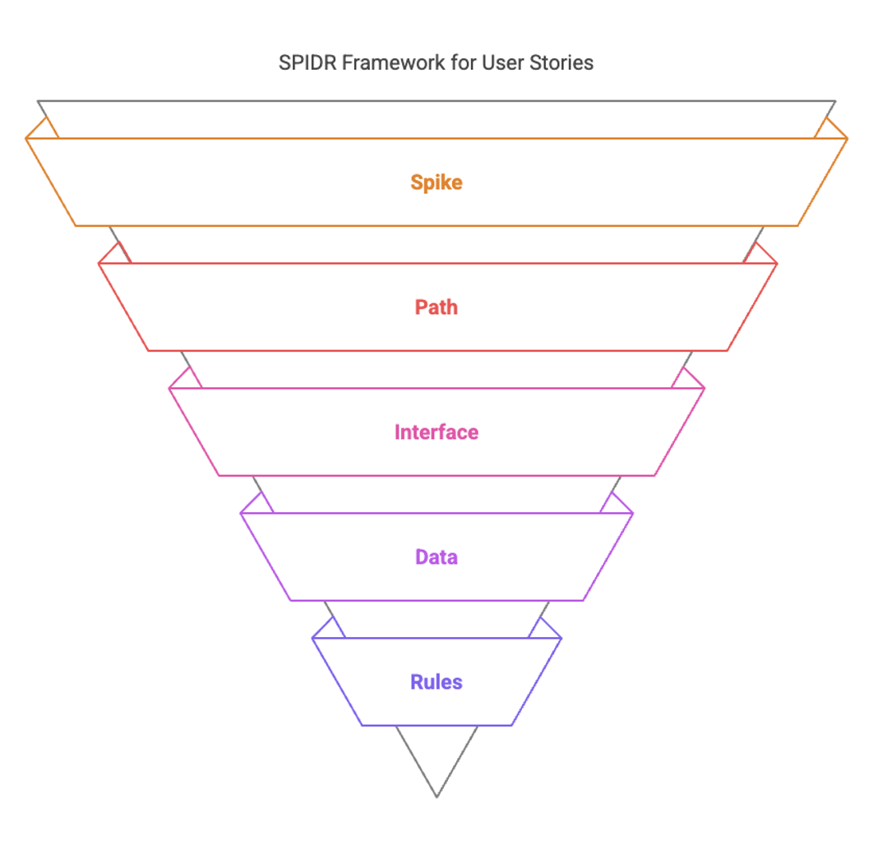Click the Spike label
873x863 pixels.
pos(436,182)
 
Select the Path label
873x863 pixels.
pos(436,307)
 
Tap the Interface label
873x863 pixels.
pos(436,432)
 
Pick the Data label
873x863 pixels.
pos(436,557)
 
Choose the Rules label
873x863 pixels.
pos(436,682)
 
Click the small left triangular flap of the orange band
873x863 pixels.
pos(42,131)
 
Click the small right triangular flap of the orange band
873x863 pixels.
pos(830,131)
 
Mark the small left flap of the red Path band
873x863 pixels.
pos(115,256)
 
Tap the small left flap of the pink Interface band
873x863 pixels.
pos(187,381)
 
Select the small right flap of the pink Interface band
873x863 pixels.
pos(687,381)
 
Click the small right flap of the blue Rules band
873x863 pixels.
pos(544,630)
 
